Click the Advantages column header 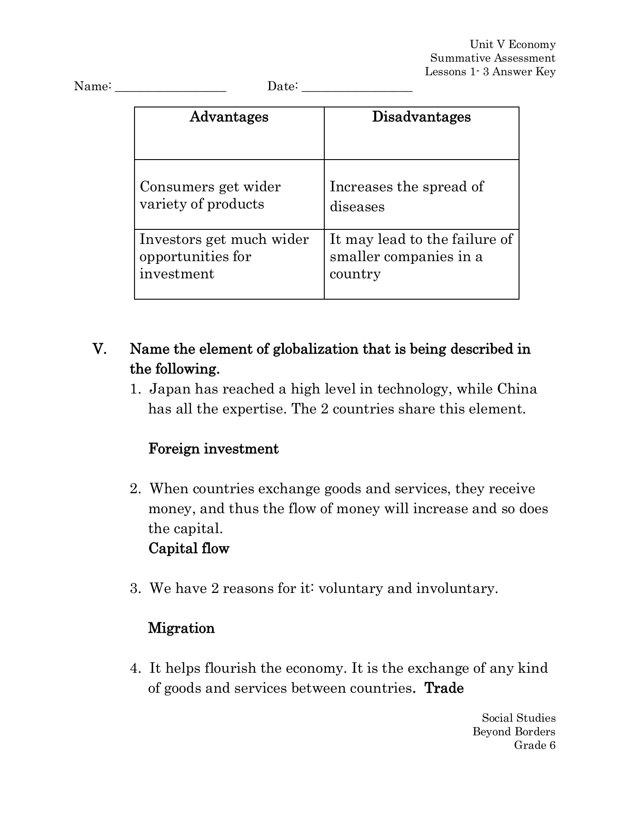pos(229,117)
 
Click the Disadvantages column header pos(421,117)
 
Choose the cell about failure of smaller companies pos(421,257)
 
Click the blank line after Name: pos(171,87)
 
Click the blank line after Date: pos(356,87)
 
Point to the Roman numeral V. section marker pos(100,350)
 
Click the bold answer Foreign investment pos(213,449)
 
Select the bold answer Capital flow pos(189,549)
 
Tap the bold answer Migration pos(181,628)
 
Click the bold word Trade pos(444,688)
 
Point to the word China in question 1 pos(517,389)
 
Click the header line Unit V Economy pos(512,44)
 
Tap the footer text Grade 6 pos(534,745)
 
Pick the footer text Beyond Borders pos(514,731)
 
